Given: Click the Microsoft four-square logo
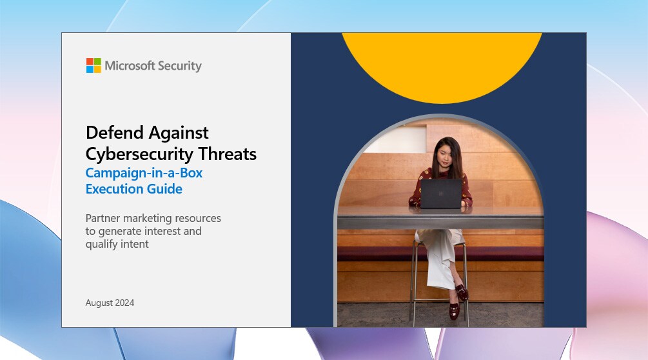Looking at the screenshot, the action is [x=93, y=65].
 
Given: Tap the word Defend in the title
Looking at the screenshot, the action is [x=115, y=133].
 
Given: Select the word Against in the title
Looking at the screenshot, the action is [x=179, y=133].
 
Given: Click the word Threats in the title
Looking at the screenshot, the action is [x=228, y=154].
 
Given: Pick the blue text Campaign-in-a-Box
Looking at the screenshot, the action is [x=144, y=173].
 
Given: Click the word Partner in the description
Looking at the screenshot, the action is [x=103, y=218].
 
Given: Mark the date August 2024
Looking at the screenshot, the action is [x=110, y=303].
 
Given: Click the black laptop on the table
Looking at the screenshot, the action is [x=441, y=194].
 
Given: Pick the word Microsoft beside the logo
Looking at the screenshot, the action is [x=130, y=65].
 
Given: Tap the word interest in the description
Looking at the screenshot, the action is [x=162, y=231].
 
